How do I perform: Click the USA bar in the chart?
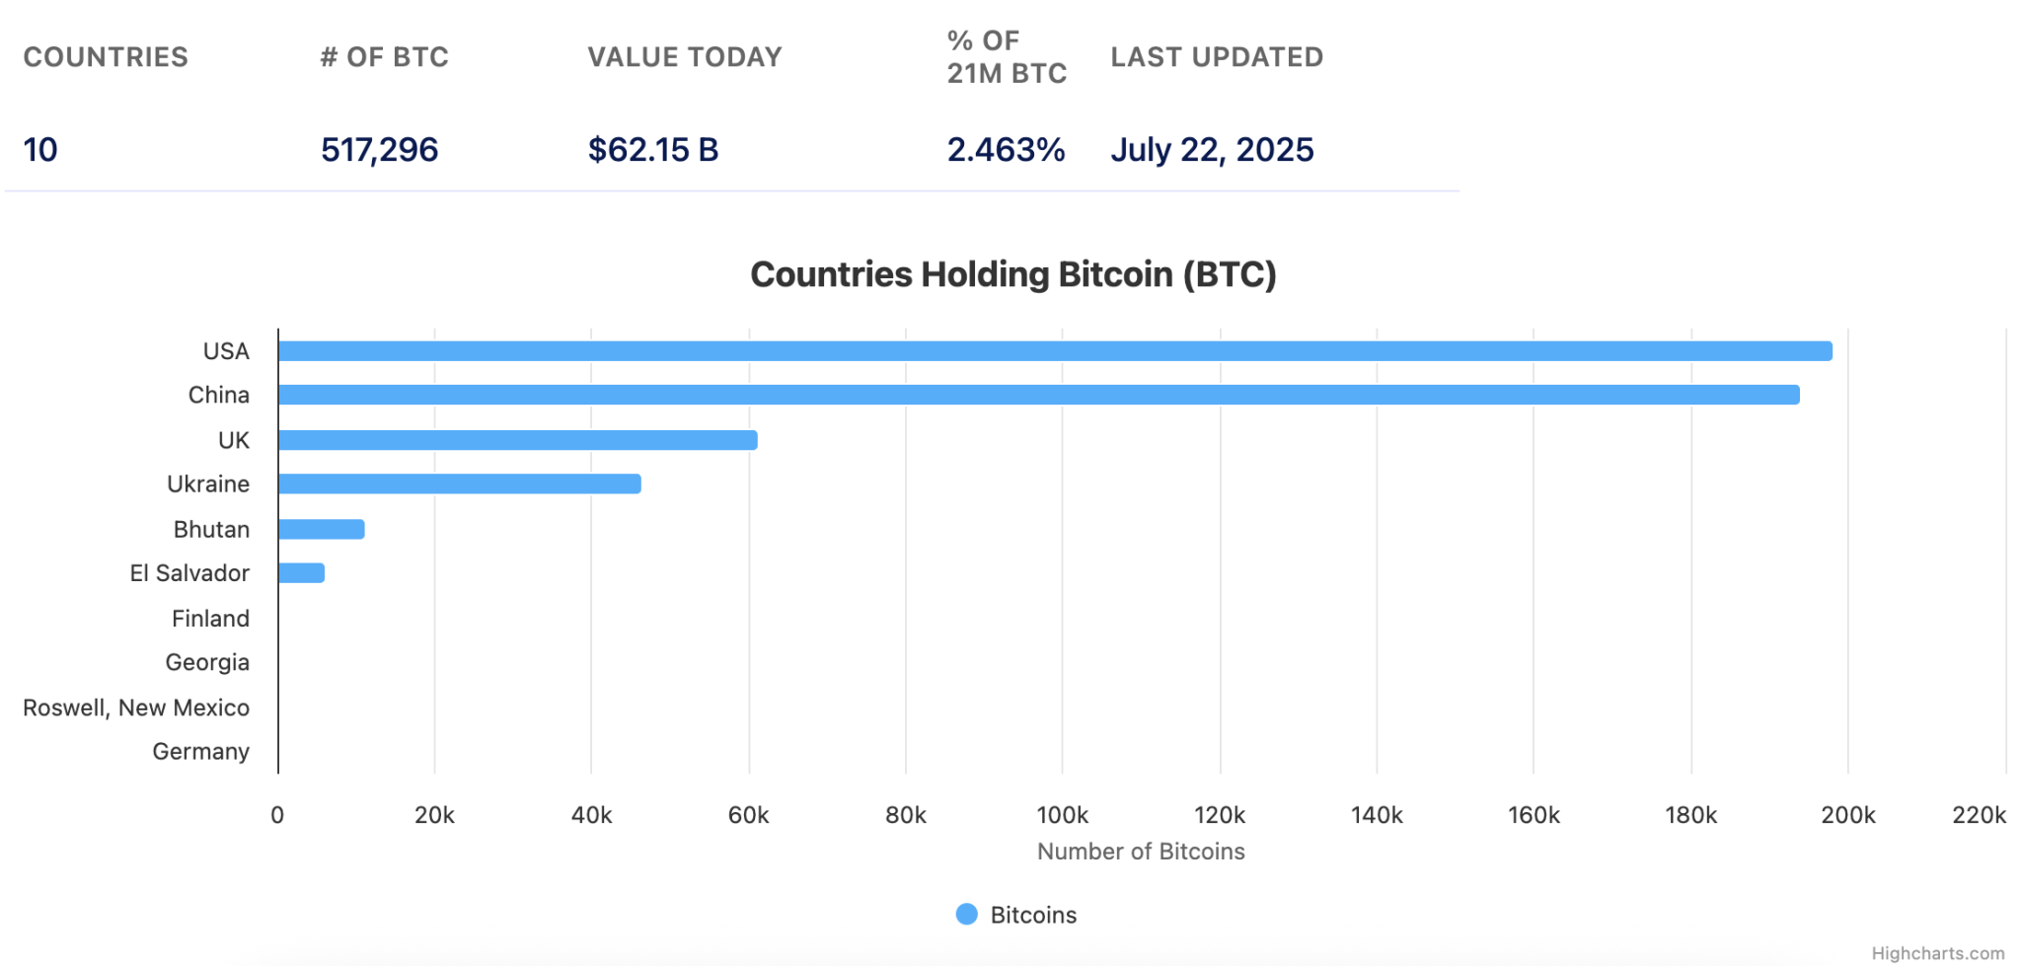click(1054, 351)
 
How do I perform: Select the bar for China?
click(1038, 395)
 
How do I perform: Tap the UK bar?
click(517, 440)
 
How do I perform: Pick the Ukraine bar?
click(459, 483)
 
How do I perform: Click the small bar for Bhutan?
click(322, 530)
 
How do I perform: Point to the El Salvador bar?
click(301, 573)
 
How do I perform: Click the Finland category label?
click(210, 619)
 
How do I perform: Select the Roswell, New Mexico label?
click(136, 707)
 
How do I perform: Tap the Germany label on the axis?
click(200, 752)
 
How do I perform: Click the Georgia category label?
click(207, 662)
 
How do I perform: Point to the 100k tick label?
click(1062, 815)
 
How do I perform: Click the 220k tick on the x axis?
click(1979, 815)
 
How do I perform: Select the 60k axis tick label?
click(748, 815)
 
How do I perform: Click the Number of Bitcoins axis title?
click(1141, 852)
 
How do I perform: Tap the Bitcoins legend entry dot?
click(967, 915)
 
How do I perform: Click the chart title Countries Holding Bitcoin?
click(1013, 274)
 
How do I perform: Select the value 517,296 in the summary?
click(379, 150)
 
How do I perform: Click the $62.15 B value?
click(653, 150)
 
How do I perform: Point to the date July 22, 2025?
click(1212, 150)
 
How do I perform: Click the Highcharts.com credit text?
click(1937, 953)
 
